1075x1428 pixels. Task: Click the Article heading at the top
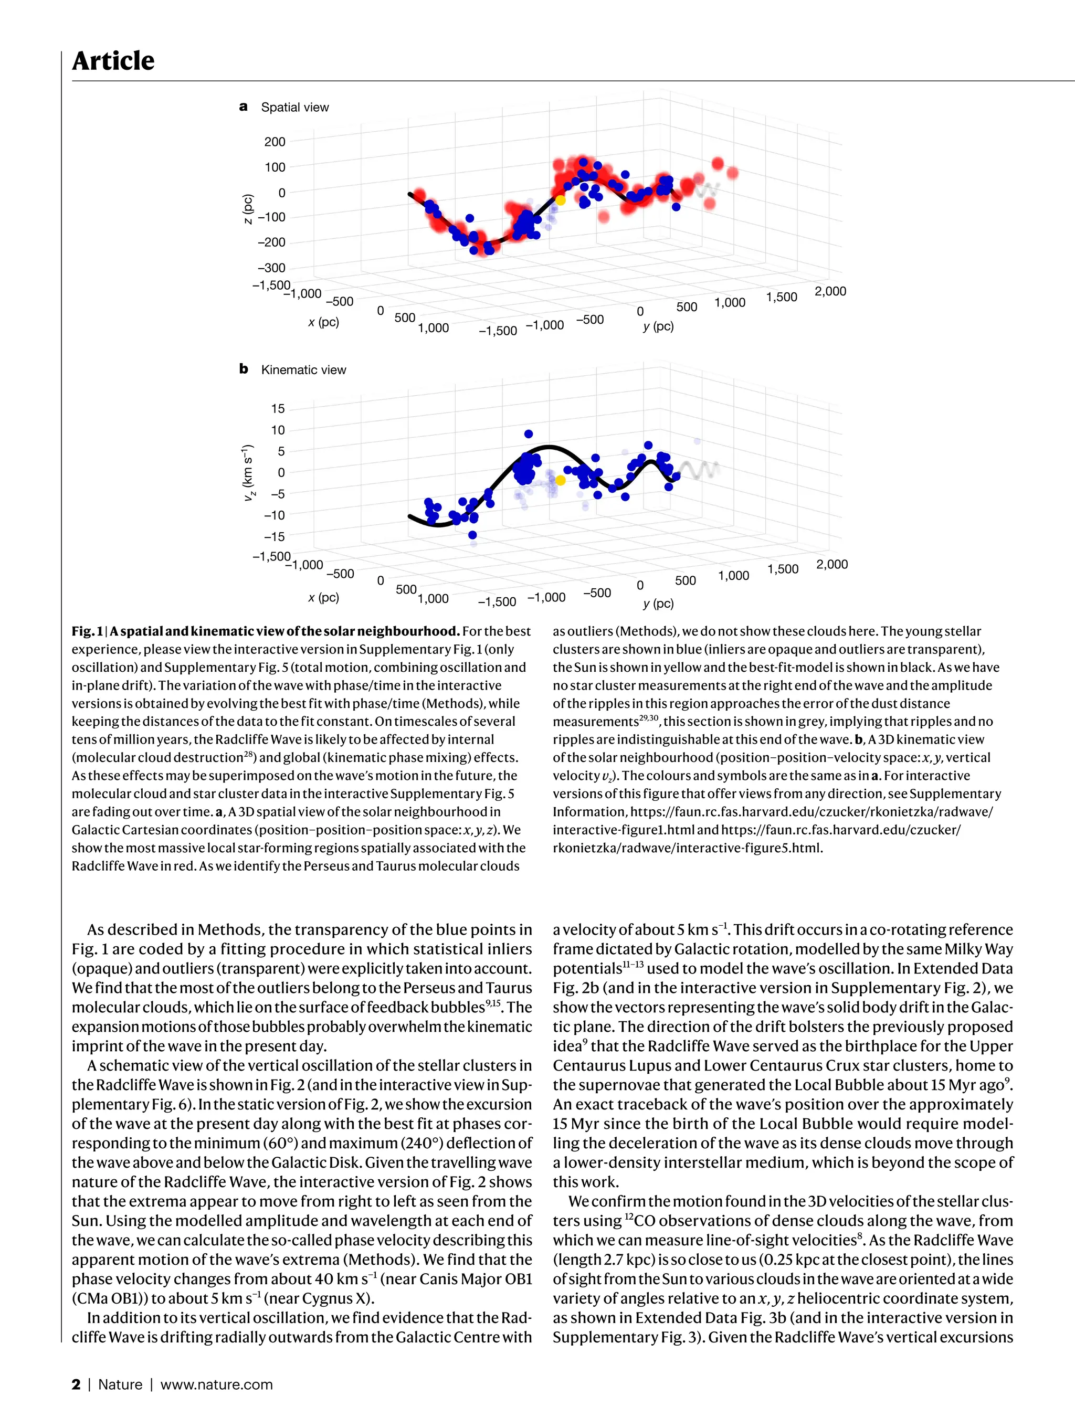(113, 61)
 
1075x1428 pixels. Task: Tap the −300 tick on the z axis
(271, 268)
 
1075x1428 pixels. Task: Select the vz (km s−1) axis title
(248, 473)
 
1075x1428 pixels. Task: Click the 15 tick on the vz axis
(278, 409)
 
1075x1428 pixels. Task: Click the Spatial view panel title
(294, 107)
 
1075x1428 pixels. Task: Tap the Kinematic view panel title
(303, 370)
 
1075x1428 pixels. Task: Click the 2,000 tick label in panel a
(830, 291)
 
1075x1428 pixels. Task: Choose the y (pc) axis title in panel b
(658, 604)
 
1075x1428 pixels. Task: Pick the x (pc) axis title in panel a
(323, 322)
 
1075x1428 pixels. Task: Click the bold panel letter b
(244, 369)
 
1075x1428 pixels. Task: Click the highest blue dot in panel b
(529, 434)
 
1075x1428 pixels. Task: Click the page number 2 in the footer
(76, 1384)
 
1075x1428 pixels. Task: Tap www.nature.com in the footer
(216, 1384)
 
